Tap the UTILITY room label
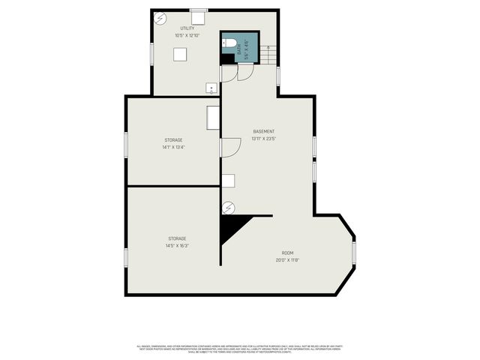[x=187, y=28]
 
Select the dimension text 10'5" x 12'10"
[x=187, y=35]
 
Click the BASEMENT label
[x=263, y=131]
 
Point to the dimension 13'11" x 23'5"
[x=263, y=139]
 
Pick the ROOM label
[x=287, y=253]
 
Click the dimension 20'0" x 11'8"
[x=287, y=260]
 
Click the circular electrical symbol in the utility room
[x=160, y=19]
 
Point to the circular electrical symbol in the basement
[x=229, y=207]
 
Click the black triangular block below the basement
[x=231, y=228]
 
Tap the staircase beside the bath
[x=268, y=54]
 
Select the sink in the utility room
[x=211, y=88]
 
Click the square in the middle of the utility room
[x=180, y=54]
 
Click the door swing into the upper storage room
[x=229, y=147]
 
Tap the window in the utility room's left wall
[x=152, y=54]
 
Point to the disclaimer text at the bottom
[x=239, y=349]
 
